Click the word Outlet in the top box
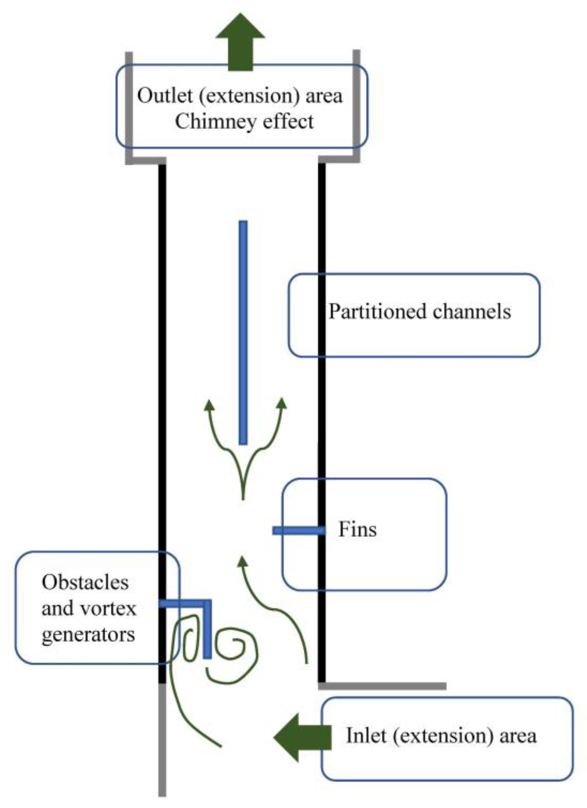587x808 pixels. [165, 96]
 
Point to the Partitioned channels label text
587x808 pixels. [419, 311]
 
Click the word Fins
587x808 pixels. [357, 530]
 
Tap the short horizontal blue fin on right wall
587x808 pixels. [298, 531]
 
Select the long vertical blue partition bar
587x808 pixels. [243, 332]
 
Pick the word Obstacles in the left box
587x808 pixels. [85, 583]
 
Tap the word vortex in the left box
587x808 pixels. [109, 609]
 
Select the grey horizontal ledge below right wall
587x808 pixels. [382, 686]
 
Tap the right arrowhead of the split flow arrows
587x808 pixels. [282, 403]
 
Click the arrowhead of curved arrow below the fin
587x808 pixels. [242, 562]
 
